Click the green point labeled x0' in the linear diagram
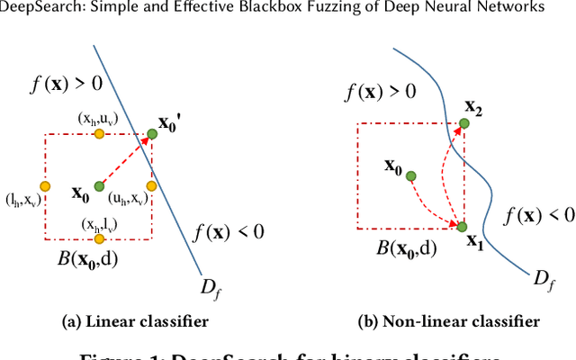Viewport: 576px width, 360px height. [x=151, y=133]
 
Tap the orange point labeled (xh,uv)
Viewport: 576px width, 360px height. [x=99, y=133]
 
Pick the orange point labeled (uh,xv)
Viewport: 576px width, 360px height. [x=151, y=186]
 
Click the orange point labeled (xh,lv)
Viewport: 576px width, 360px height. [x=99, y=239]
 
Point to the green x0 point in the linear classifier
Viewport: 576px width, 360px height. [x=99, y=186]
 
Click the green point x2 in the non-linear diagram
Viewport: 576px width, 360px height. [x=463, y=124]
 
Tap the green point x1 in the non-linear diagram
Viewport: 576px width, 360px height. [x=463, y=226]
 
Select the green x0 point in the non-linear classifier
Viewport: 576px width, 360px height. [x=410, y=176]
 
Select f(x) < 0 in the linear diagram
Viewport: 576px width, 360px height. [x=229, y=232]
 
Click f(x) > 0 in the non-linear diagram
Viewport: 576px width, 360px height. [x=382, y=92]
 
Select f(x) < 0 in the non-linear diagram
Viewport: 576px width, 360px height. [x=538, y=214]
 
